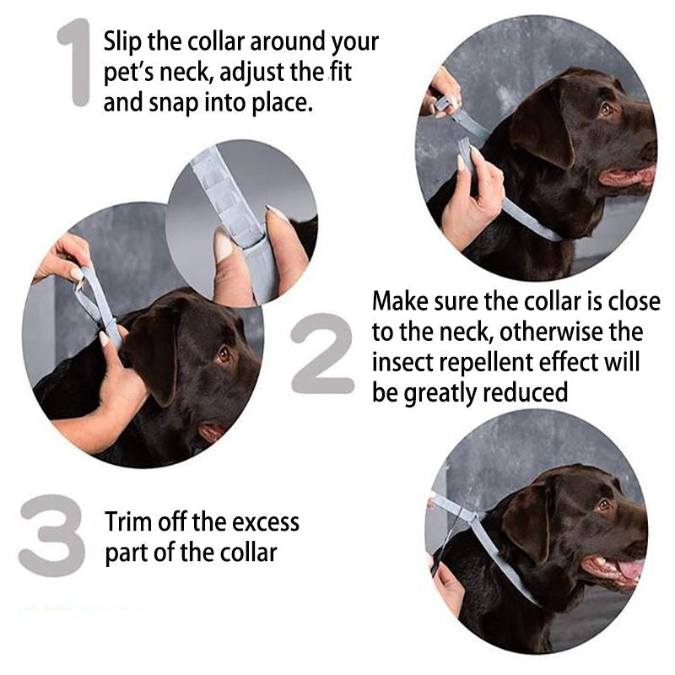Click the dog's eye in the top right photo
click(x=604, y=109)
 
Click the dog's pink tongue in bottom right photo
click(x=629, y=570)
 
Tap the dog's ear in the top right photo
click(x=540, y=127)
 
